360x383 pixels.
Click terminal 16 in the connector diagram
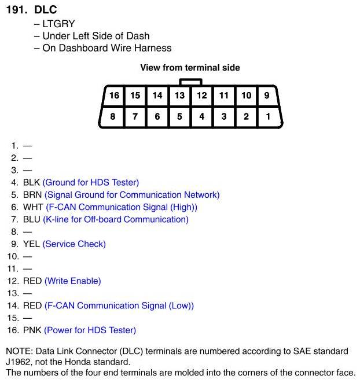(114, 95)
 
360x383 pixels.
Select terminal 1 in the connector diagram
(267, 116)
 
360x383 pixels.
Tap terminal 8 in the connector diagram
(113, 116)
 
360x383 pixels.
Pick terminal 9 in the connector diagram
(267, 95)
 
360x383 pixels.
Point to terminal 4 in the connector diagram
(201, 116)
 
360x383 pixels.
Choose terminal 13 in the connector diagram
(179, 95)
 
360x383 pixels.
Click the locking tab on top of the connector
(190, 82)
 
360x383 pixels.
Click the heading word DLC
(45, 10)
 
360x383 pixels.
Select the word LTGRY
(59, 24)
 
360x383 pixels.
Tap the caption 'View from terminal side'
(190, 68)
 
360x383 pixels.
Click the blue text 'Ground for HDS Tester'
(91, 182)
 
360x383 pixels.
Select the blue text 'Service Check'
(74, 244)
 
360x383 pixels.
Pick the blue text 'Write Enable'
(72, 281)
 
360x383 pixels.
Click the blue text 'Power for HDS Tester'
(90, 330)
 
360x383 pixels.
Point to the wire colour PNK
(32, 330)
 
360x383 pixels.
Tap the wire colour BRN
(32, 195)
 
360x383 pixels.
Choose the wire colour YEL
(32, 244)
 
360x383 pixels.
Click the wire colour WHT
(33, 207)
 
